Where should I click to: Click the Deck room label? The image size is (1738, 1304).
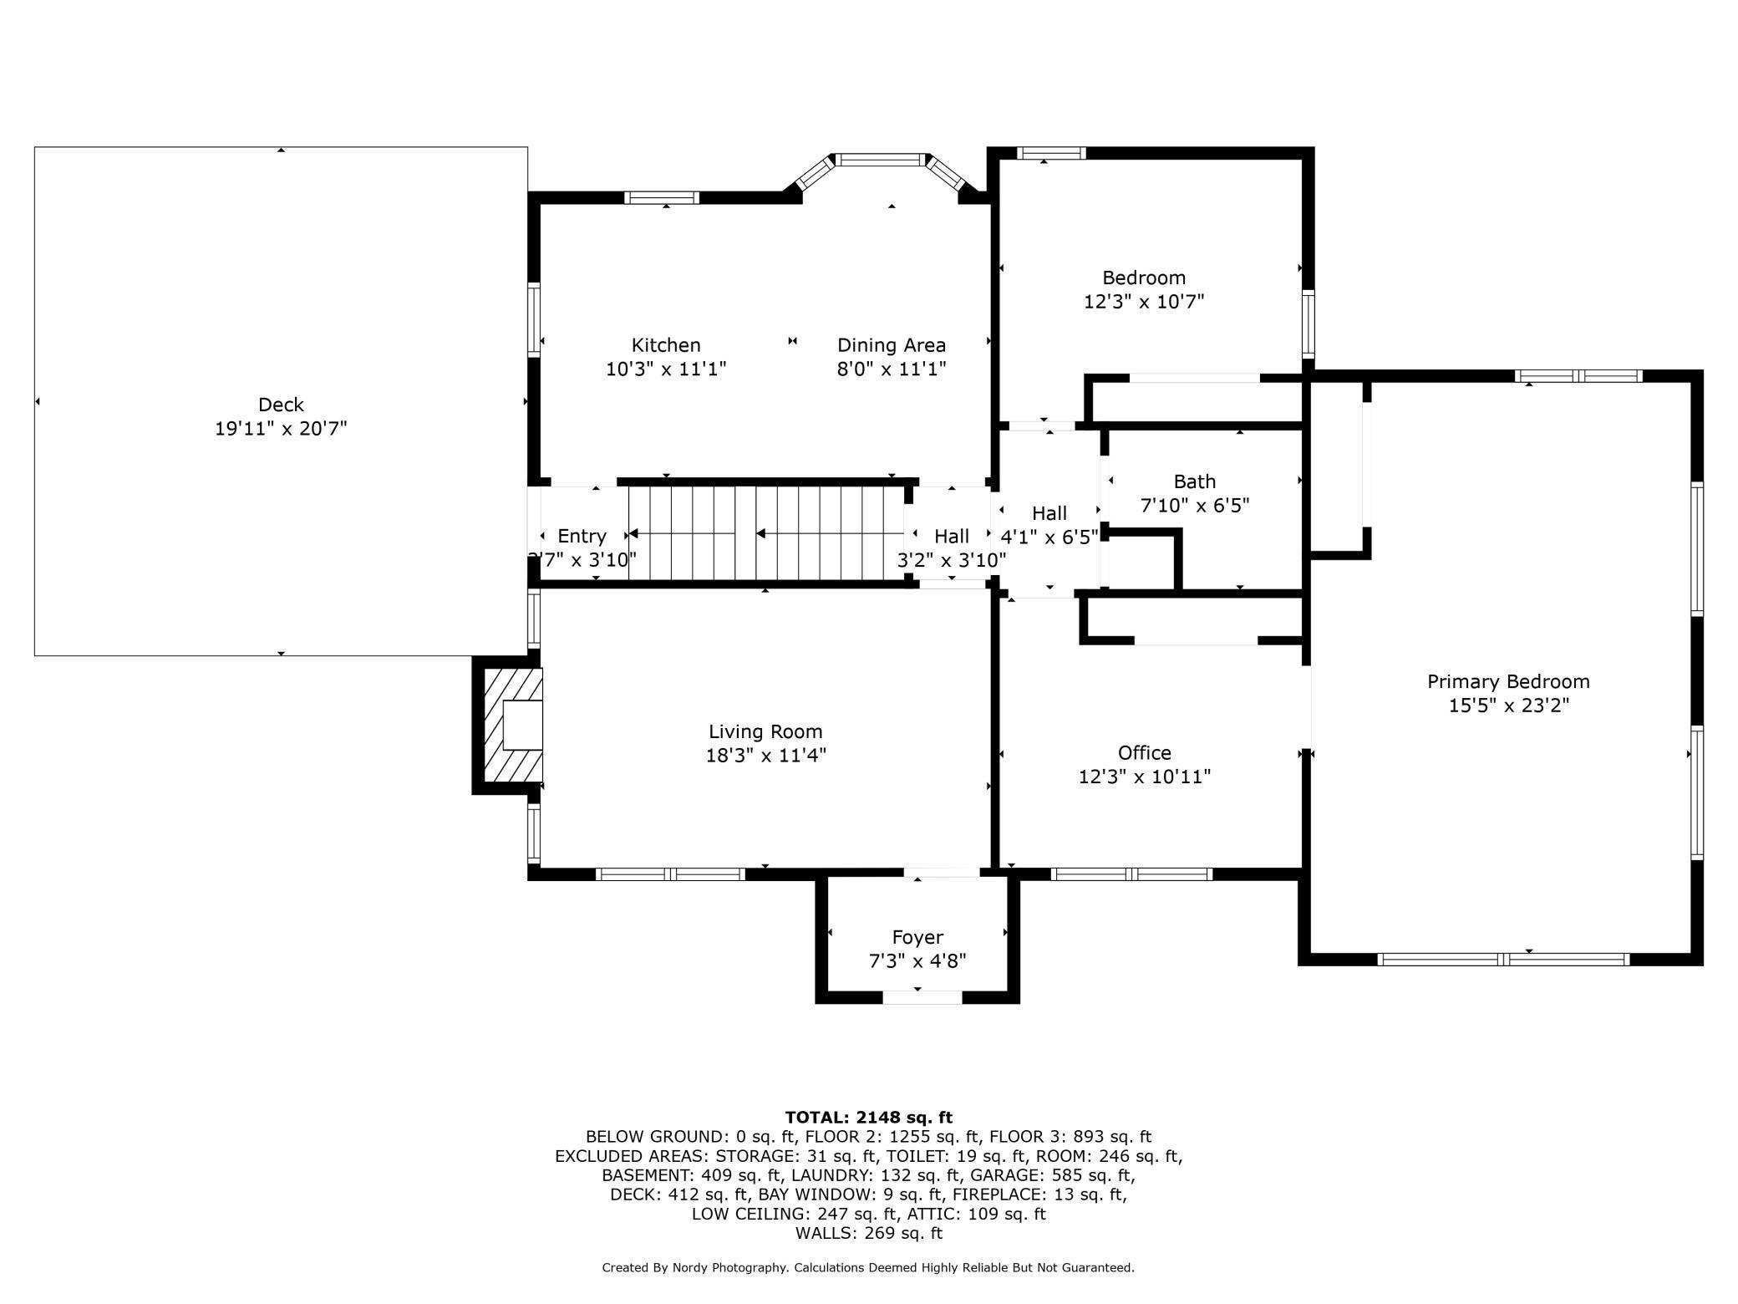(x=281, y=405)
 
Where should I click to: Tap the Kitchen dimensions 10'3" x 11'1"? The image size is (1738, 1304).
(x=666, y=369)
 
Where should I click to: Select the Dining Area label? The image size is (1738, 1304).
(x=892, y=345)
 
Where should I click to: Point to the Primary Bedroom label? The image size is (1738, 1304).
(x=1508, y=681)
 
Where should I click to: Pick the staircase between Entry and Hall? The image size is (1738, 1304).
(x=765, y=533)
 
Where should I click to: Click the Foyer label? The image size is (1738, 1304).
(x=917, y=938)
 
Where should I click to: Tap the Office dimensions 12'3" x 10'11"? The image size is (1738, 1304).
(x=1145, y=777)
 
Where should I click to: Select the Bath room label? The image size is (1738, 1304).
(x=1195, y=481)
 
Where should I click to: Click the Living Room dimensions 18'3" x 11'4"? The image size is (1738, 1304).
(x=766, y=755)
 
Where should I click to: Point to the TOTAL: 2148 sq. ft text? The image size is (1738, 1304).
(x=869, y=1117)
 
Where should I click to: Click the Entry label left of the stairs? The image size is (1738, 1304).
(x=582, y=536)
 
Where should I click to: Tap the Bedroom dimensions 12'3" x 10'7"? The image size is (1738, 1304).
(x=1144, y=301)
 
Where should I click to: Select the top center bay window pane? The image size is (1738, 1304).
(x=884, y=159)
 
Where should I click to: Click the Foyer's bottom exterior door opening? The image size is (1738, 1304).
(x=922, y=996)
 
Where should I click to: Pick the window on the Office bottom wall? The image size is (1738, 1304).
(x=1131, y=874)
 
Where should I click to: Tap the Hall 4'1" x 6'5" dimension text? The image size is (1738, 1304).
(x=1049, y=537)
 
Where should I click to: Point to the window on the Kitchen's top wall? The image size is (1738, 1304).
(x=662, y=197)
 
